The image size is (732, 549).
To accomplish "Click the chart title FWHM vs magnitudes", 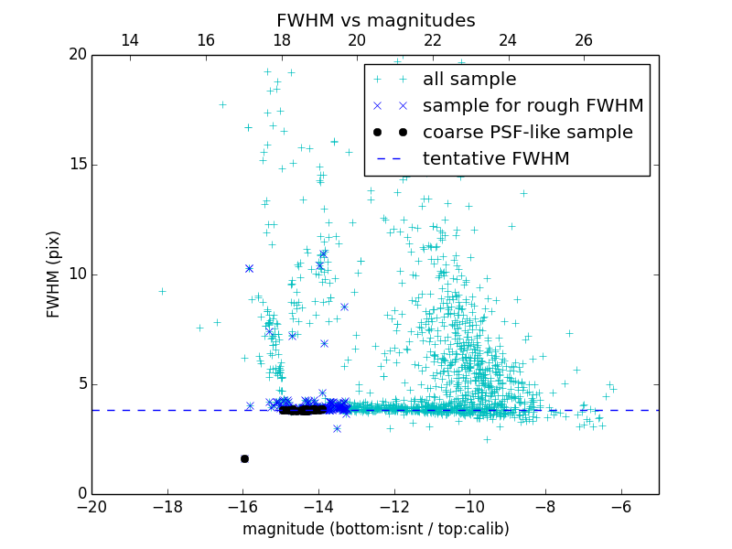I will [375, 20].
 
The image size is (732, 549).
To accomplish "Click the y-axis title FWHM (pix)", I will [53, 274].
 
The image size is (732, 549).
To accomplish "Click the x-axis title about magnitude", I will [375, 529].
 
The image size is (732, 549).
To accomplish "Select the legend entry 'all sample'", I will [469, 80].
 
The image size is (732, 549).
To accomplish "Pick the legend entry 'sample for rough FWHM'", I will [533, 106].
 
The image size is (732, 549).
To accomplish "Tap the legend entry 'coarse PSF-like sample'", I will [527, 133].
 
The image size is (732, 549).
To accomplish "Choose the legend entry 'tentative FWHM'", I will [496, 159].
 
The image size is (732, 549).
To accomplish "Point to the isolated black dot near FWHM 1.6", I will [244, 458].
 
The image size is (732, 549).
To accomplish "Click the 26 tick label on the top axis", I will [584, 40].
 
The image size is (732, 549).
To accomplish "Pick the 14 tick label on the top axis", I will [130, 40].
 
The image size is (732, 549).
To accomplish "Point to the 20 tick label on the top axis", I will [357, 40].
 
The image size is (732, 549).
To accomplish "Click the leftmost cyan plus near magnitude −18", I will [162, 291].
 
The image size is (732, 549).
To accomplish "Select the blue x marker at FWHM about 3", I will [337, 428].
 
